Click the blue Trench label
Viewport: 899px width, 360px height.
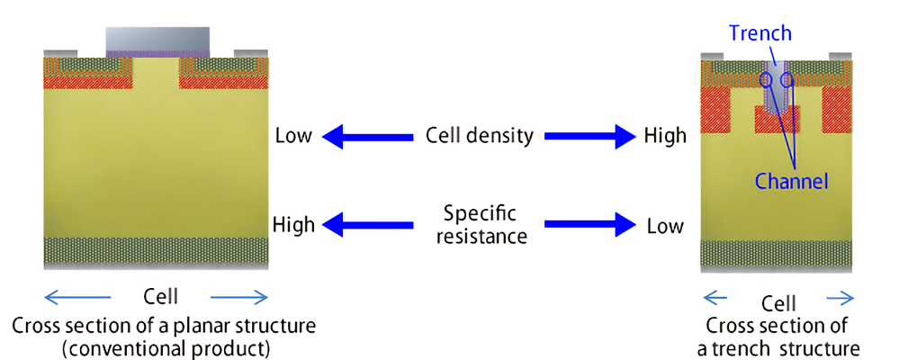(760, 33)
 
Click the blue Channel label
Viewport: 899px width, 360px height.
(792, 182)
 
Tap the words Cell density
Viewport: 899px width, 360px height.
(480, 136)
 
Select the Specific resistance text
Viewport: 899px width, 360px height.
(481, 225)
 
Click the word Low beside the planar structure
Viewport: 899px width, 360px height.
(293, 136)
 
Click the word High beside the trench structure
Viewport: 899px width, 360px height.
(665, 136)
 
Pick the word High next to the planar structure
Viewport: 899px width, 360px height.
(293, 224)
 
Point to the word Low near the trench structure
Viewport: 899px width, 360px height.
(665, 226)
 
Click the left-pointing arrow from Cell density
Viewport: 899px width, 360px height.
(367, 137)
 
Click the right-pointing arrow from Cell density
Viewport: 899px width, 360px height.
(590, 137)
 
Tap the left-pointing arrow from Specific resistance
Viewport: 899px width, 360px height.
(367, 224)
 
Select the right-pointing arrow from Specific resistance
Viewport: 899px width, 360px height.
(590, 224)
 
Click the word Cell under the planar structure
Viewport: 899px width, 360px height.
(160, 297)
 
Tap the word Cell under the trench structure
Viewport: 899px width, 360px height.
(778, 302)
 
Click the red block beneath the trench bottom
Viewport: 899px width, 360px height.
(777, 119)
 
